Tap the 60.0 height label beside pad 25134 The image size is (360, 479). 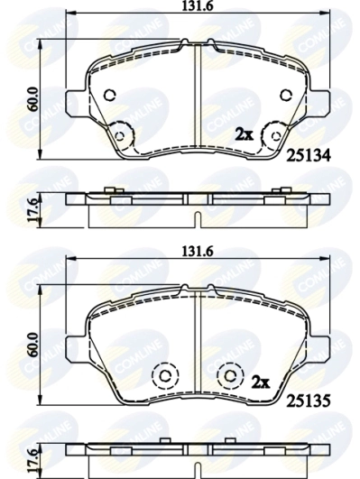tap(33, 98)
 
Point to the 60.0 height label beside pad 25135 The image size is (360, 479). tap(33, 343)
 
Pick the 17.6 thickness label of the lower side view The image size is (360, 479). tap(33, 458)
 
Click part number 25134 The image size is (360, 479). tap(308, 156)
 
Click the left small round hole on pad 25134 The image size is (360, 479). tap(110, 95)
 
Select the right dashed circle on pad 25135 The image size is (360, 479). tap(231, 373)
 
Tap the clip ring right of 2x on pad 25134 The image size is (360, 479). tap(270, 136)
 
